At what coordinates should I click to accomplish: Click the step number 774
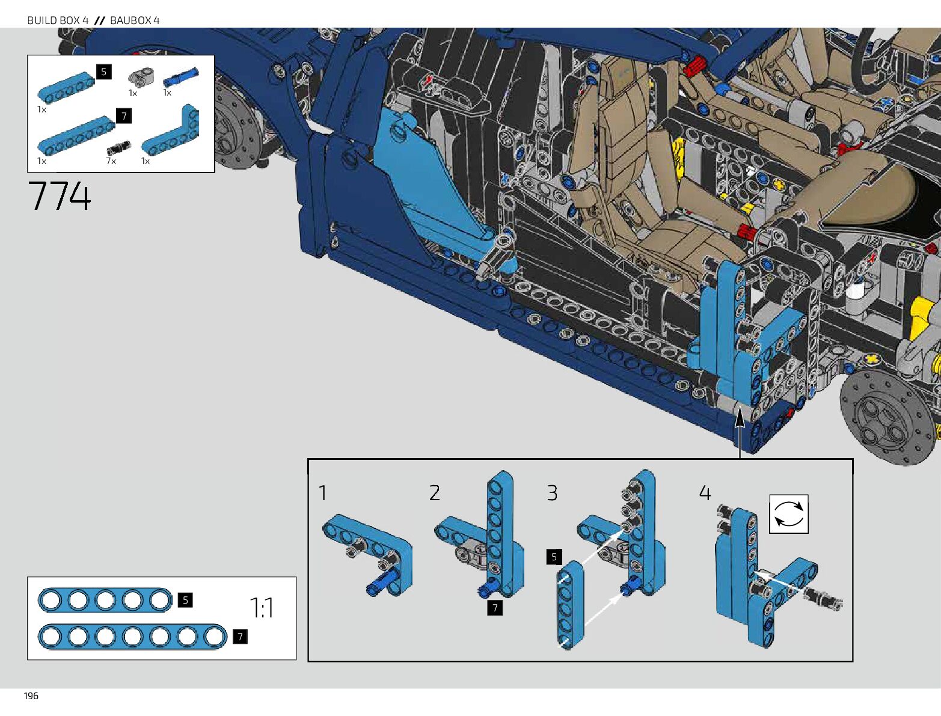tap(60, 197)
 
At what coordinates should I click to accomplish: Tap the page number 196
tap(31, 696)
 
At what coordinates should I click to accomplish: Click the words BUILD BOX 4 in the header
tap(58, 20)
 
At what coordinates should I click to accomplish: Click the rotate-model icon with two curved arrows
tap(788, 514)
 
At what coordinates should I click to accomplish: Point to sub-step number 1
tap(323, 493)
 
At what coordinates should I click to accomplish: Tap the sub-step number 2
tap(435, 493)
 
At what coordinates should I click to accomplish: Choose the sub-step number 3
tap(552, 493)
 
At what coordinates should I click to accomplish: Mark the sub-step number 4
tap(705, 493)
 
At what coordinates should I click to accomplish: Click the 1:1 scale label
tap(262, 608)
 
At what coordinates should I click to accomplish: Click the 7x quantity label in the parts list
tap(111, 161)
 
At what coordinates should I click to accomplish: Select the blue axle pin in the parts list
tap(180, 77)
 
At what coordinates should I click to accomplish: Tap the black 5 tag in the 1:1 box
tap(185, 600)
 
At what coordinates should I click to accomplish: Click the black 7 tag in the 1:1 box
tap(240, 637)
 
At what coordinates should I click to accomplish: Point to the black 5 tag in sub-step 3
tap(554, 557)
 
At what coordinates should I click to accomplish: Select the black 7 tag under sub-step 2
tap(495, 608)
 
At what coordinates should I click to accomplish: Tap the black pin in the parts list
tap(118, 147)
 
